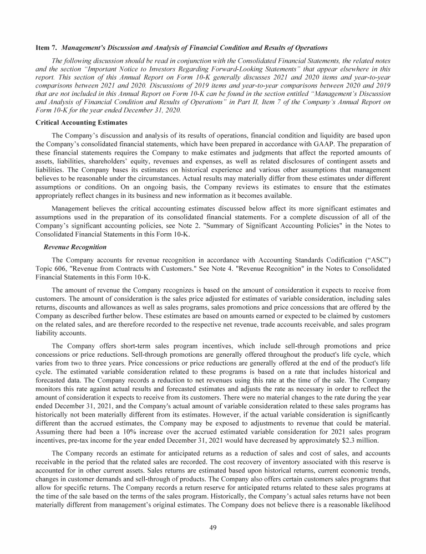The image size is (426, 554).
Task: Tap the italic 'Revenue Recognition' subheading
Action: tap(75, 247)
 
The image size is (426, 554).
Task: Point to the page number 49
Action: tap(212, 527)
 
